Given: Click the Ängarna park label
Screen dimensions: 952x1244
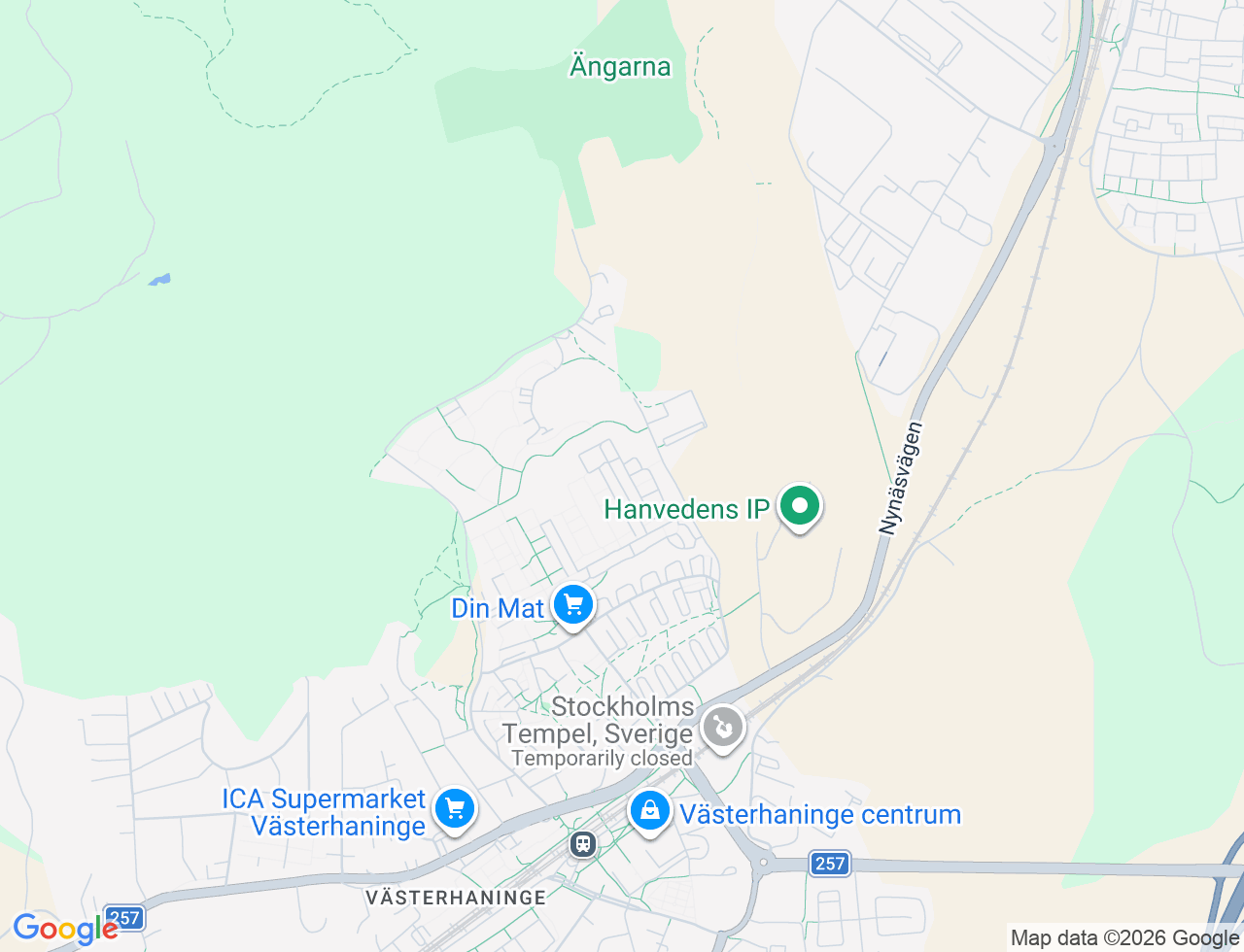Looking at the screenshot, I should pyautogui.click(x=620, y=67).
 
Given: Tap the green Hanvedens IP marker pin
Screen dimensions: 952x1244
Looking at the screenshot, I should pyautogui.click(x=799, y=506).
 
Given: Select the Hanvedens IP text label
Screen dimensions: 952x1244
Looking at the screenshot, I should pyautogui.click(x=686, y=508).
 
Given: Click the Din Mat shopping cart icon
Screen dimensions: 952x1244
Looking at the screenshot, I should pyautogui.click(x=573, y=605).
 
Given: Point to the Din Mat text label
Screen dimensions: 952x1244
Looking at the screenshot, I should pyautogui.click(x=498, y=609).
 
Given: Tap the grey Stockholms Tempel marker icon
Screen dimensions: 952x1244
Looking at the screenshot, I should pyautogui.click(x=722, y=728).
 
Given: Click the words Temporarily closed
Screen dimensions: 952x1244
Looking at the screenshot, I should pyautogui.click(x=602, y=759).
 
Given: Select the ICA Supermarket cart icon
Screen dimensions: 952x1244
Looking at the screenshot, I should pyautogui.click(x=454, y=808).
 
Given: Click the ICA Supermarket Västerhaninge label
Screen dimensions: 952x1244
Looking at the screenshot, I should pyautogui.click(x=325, y=812).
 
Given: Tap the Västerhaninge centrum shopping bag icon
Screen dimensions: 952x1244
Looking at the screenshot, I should pyautogui.click(x=649, y=810).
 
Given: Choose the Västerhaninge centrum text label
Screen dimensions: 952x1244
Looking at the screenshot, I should pyautogui.click(x=820, y=814).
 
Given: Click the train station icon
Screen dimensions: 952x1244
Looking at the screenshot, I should pyautogui.click(x=583, y=843).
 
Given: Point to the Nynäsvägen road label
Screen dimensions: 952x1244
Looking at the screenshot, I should pyautogui.click(x=901, y=478).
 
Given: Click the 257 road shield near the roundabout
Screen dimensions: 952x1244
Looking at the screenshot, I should pyautogui.click(x=830, y=863).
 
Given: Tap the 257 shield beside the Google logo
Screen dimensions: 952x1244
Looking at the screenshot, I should pyautogui.click(x=124, y=917).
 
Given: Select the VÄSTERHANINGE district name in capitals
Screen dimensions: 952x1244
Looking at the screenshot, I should pyautogui.click(x=456, y=897).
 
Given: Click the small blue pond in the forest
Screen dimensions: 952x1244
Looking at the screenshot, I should pyautogui.click(x=159, y=281).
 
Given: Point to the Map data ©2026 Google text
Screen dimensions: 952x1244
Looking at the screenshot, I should pyautogui.click(x=1124, y=937).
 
